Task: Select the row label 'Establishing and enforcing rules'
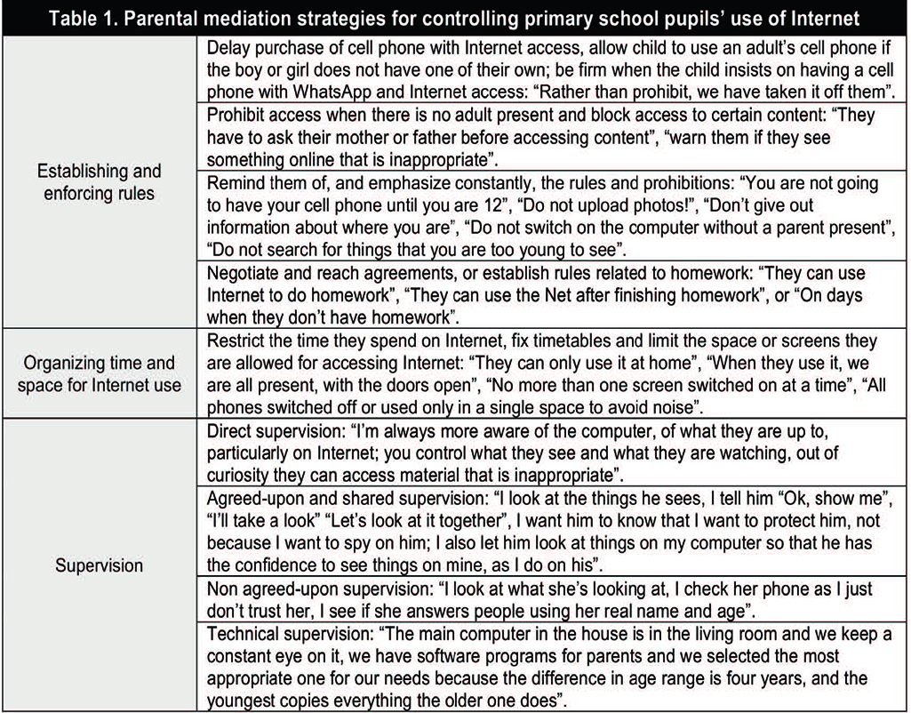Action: point(99,181)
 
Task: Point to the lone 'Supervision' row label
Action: point(99,565)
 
